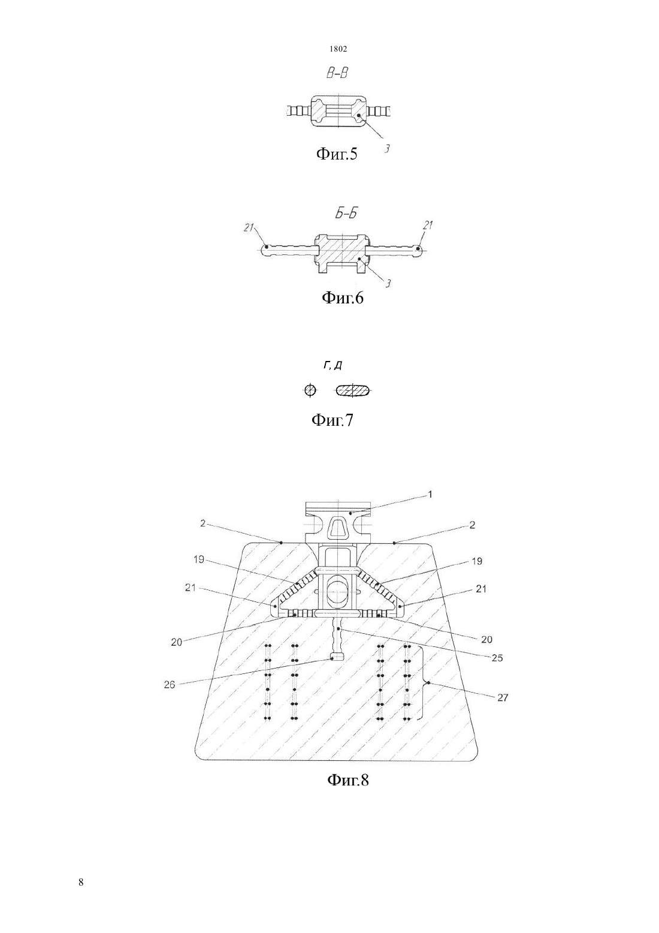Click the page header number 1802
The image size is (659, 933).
[338, 49]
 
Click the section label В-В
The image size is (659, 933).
[337, 74]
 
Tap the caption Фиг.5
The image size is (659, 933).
[337, 154]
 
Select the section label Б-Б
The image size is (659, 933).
[346, 213]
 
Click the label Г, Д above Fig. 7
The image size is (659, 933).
[333, 365]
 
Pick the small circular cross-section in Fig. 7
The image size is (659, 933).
[310, 391]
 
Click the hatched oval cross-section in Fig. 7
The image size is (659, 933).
[353, 391]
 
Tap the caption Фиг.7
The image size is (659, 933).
[332, 420]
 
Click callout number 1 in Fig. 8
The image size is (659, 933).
[430, 495]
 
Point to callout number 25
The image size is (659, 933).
[497, 658]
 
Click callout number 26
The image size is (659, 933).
[170, 685]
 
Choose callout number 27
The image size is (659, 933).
[503, 698]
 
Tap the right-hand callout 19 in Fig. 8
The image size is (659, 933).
[477, 561]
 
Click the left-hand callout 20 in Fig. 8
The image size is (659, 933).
[176, 642]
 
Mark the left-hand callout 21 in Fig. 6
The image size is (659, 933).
[249, 227]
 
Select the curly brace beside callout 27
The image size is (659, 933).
[425, 683]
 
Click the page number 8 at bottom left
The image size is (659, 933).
[81, 882]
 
